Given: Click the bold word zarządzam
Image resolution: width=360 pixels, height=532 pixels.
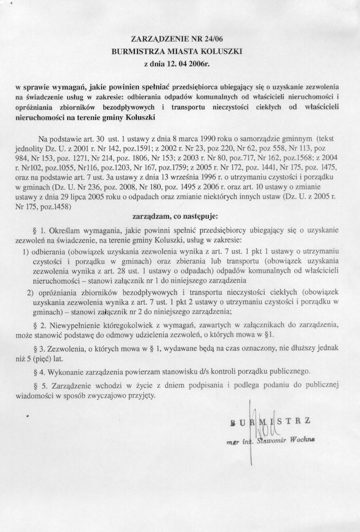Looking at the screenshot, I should pyautogui.click(x=148, y=217).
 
